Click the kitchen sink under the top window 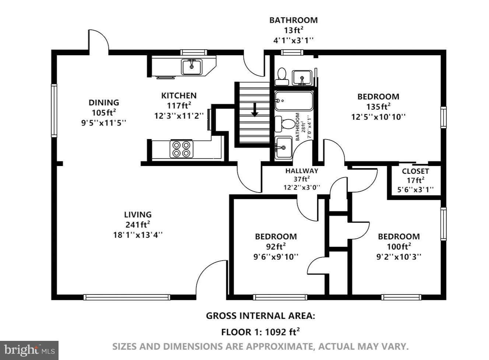click(191, 67)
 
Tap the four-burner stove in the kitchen click(182, 149)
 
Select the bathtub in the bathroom click(293, 101)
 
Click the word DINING click(104, 103)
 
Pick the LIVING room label click(138, 215)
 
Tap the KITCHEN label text click(179, 96)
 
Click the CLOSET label click(415, 171)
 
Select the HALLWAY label click(302, 171)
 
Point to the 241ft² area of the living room click(138, 225)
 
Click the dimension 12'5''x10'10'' click(378, 117)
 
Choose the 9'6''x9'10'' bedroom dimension click(276, 257)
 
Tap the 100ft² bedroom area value click(399, 246)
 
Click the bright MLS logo click(29, 350)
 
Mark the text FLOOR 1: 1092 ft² click(260, 332)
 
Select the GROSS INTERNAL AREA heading click(260, 316)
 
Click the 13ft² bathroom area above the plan click(293, 30)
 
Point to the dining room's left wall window click(54, 110)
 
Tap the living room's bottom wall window click(126, 297)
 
